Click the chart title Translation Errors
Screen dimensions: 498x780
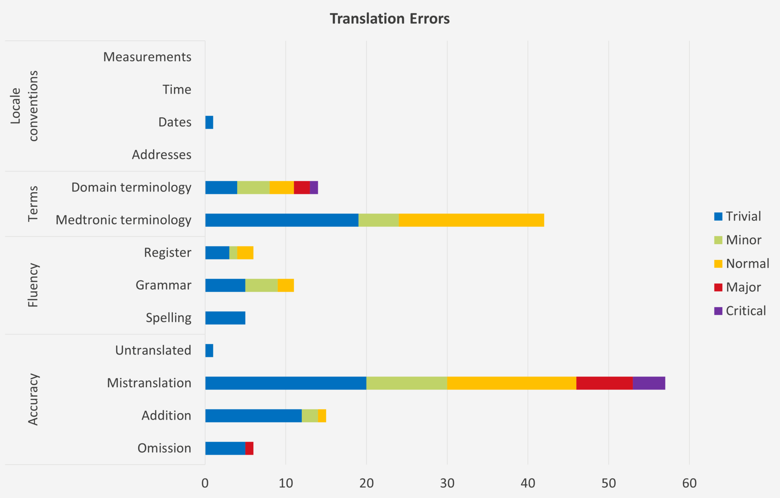[x=390, y=19]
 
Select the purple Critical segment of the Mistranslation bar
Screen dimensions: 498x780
[x=649, y=383]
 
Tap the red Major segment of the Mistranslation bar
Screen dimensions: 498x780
[x=604, y=383]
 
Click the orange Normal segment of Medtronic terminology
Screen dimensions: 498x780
[x=471, y=220]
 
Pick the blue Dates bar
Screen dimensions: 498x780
[x=209, y=123]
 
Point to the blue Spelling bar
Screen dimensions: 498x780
[x=225, y=318]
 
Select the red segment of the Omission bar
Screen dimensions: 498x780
[x=249, y=448]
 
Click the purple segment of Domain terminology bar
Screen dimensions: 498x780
[x=314, y=188]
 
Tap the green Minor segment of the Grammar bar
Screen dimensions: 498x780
[x=261, y=285]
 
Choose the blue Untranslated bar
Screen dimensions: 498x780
[x=209, y=350]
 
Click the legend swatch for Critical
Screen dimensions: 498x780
[x=718, y=311]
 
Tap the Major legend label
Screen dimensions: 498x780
[x=743, y=287]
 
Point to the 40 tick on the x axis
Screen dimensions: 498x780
[x=528, y=483]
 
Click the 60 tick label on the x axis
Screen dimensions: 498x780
[x=689, y=483]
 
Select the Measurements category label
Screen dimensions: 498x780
[x=147, y=57]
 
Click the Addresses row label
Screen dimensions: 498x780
[x=161, y=155]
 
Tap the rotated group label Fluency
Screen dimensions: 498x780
[x=33, y=285]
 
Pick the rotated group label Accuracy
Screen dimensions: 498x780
[x=33, y=399]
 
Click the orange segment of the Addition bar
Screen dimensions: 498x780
[x=322, y=416]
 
